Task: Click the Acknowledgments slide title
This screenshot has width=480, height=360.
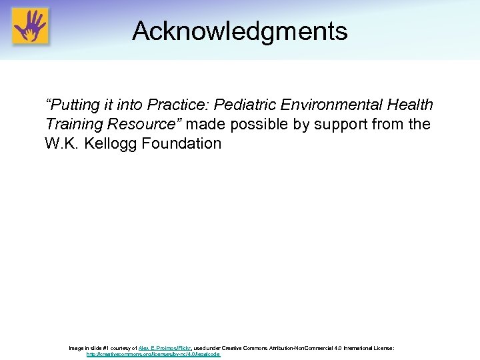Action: click(x=239, y=31)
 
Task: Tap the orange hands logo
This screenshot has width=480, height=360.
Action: click(x=30, y=26)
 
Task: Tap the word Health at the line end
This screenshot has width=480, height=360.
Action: click(x=411, y=105)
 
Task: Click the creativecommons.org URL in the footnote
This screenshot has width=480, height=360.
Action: click(x=153, y=355)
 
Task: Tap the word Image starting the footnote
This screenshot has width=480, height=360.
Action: click(x=77, y=348)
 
